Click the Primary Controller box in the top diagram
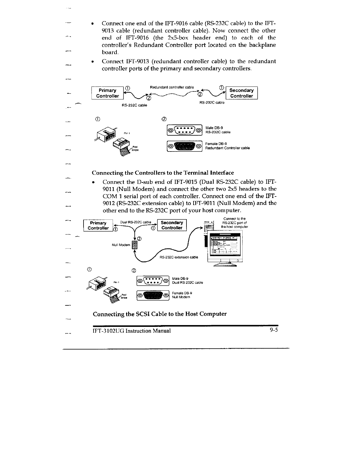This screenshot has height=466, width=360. (107, 93)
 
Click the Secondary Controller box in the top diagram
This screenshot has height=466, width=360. (241, 93)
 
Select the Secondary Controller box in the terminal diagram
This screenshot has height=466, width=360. (172, 225)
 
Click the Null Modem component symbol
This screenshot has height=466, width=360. (134, 245)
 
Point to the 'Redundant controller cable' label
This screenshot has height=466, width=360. (172, 87)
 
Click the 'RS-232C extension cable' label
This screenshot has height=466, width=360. (179, 257)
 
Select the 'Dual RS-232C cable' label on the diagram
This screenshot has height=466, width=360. (136, 222)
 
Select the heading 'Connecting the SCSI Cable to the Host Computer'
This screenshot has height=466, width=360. (160, 314)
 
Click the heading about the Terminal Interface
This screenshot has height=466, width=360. (163, 172)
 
